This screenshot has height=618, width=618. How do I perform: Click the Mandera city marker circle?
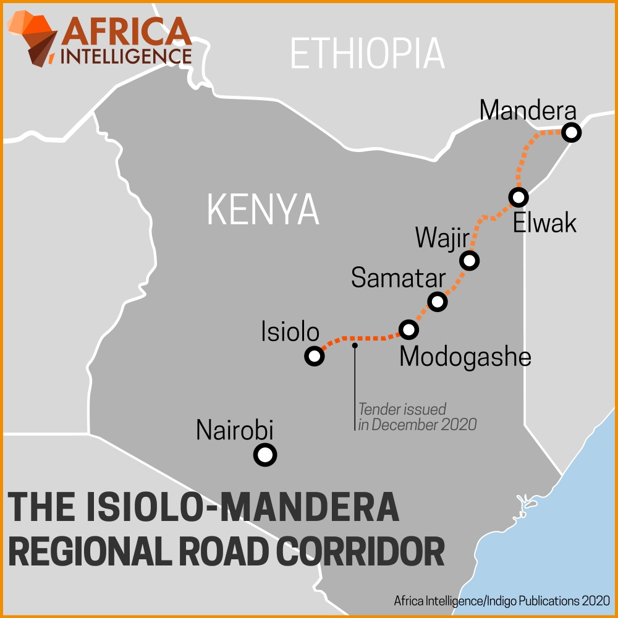click(572, 133)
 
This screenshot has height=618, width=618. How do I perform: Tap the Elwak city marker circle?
click(518, 197)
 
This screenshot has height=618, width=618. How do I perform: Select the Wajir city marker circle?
click(470, 261)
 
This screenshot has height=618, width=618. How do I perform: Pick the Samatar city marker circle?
click(438, 302)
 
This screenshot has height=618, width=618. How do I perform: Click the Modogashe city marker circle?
click(408, 330)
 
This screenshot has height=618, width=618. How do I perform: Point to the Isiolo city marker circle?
click(315, 356)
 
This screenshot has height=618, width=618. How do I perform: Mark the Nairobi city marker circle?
click(265, 455)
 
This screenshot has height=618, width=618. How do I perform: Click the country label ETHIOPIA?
click(367, 53)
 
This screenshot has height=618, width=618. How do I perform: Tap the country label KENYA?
click(263, 210)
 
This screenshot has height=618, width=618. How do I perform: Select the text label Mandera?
click(528, 111)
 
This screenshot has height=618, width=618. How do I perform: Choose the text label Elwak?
click(544, 222)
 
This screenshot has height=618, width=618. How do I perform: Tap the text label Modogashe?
click(465, 357)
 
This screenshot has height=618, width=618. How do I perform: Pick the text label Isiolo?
click(290, 333)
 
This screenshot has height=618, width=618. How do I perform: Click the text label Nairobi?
click(234, 430)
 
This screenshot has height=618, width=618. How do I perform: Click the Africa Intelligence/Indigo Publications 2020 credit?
click(502, 601)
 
